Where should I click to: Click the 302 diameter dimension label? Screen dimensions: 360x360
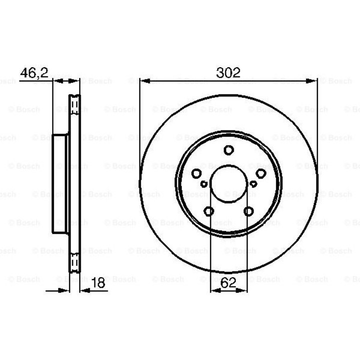(x=228, y=72)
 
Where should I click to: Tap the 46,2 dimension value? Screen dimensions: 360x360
(x=34, y=73)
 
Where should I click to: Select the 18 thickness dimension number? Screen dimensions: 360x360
(x=98, y=282)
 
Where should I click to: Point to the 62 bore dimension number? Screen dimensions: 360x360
(x=228, y=282)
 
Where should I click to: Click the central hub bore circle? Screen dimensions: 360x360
(x=229, y=183)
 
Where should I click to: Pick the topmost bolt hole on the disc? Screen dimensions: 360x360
(x=228, y=150)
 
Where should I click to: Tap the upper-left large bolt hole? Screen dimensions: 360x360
(x=196, y=173)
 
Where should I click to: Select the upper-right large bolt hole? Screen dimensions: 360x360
(x=261, y=173)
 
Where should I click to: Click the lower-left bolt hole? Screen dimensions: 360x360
(x=209, y=211)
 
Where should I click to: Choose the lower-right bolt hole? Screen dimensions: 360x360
(x=248, y=211)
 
